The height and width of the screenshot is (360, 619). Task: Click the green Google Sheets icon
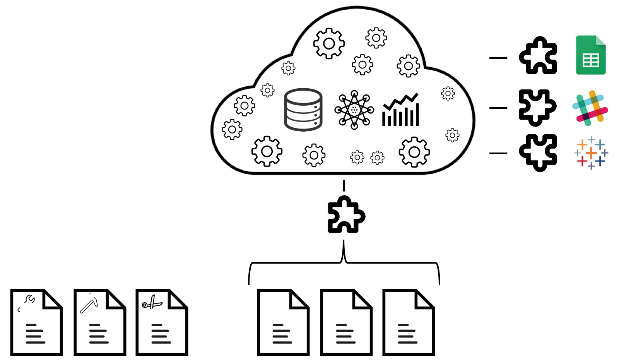tap(591, 55)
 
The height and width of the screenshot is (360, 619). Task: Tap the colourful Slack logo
tap(590, 108)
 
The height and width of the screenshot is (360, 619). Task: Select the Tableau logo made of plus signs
tap(591, 153)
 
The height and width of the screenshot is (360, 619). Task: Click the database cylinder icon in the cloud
tap(303, 110)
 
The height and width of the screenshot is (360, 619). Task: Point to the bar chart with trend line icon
tap(401, 110)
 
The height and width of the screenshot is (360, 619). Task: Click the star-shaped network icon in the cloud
tap(354, 110)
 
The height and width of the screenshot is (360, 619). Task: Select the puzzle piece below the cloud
tap(346, 215)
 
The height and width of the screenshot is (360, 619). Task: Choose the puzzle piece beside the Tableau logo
tap(538, 153)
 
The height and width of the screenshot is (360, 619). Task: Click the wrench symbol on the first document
tap(29, 299)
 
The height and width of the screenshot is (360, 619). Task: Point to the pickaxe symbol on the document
tap(89, 303)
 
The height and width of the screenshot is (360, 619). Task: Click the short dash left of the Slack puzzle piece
tap(498, 108)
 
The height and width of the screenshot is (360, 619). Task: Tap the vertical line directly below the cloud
tap(344, 185)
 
